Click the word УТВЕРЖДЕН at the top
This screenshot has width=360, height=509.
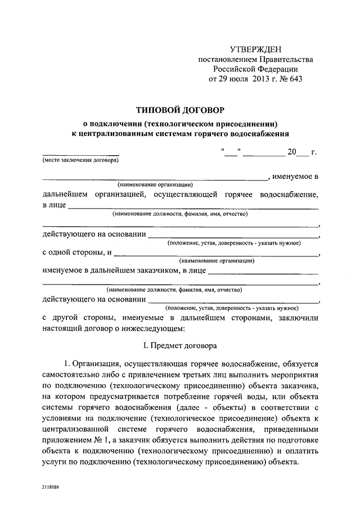point(255,50)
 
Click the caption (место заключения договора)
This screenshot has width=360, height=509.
point(80,160)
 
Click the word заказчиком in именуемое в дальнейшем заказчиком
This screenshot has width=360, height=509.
point(157,272)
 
